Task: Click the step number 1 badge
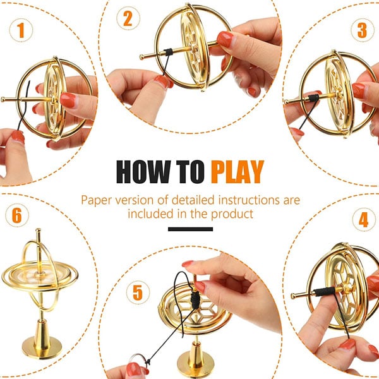tap(21, 30)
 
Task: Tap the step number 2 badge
tap(128, 18)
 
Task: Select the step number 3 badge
tap(363, 30)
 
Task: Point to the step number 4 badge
tap(364, 220)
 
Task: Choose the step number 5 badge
tap(138, 292)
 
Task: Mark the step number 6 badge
tap(17, 215)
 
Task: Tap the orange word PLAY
tap(238, 172)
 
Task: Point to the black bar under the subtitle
tap(191, 229)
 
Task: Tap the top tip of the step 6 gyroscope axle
tap(39, 230)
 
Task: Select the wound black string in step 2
tap(168, 52)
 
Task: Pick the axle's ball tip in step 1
tap(3, 99)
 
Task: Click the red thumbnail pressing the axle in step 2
tap(225, 39)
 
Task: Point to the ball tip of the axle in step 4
tap(294, 296)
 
